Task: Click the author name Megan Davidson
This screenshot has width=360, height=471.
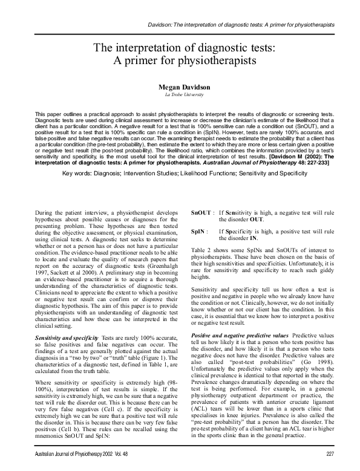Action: [x=180, y=87]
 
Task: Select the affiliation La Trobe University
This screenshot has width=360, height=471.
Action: [x=180, y=96]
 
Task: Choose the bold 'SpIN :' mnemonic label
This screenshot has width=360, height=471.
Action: [x=199, y=231]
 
